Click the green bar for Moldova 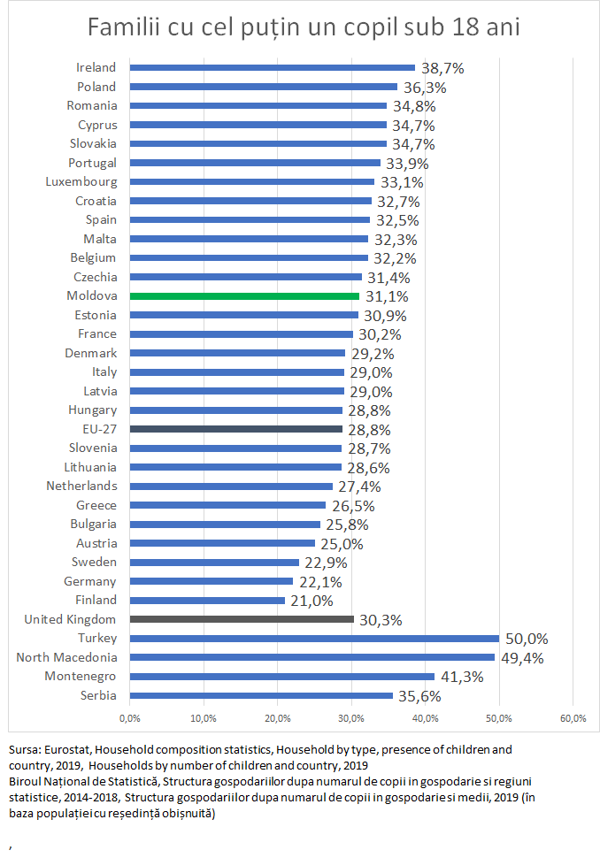244,296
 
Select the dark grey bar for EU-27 235,429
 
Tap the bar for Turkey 314,639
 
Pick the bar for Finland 207,601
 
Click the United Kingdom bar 242,619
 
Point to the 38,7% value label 442,67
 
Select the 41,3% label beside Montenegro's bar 461,677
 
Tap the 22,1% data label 319,581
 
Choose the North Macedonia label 66,657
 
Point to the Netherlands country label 83,486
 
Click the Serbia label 97,695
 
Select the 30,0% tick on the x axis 351,717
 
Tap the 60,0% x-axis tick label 573,717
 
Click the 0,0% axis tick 130,717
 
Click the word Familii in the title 121,28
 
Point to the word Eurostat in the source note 57,749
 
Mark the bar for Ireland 272,67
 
